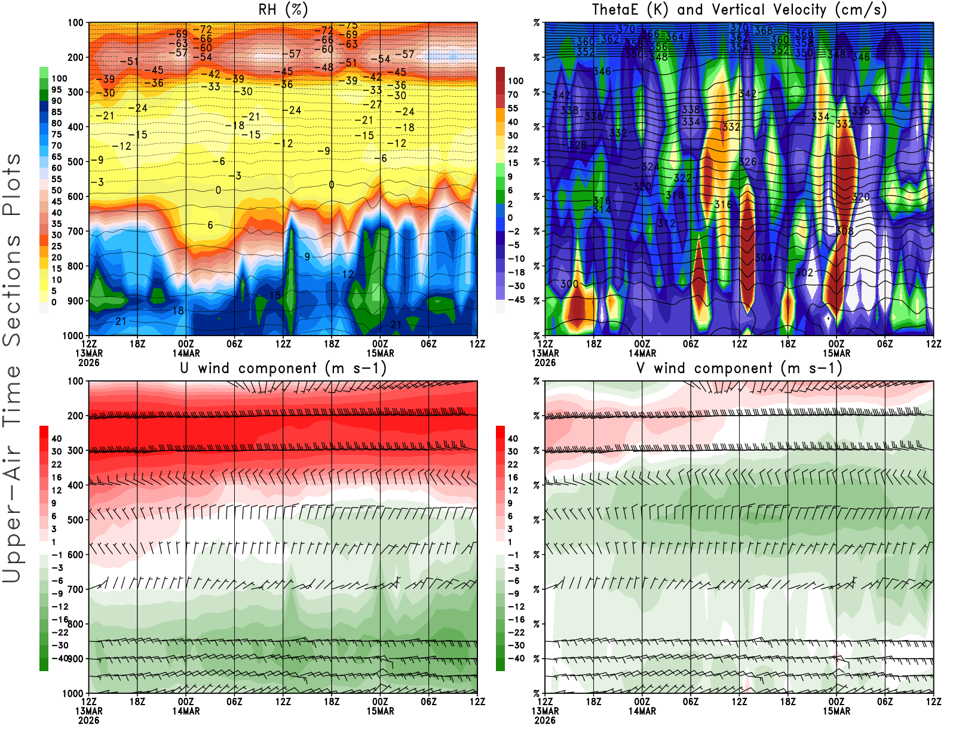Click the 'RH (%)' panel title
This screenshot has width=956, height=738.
point(283,10)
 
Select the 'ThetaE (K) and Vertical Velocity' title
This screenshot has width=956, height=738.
point(739,10)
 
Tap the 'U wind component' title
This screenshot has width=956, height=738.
point(283,368)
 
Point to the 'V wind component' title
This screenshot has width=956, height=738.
point(739,368)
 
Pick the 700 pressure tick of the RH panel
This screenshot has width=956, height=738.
point(75,231)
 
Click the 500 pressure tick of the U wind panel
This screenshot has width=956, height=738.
point(75,520)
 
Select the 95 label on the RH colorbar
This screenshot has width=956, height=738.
point(56,90)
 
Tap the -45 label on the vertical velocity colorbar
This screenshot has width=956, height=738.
point(516,300)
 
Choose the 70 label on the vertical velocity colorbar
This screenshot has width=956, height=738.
point(513,94)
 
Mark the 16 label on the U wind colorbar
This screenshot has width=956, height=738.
point(56,477)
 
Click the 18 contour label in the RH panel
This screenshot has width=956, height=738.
point(178,310)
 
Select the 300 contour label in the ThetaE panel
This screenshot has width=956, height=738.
point(569,284)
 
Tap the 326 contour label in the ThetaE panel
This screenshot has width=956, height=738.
point(747,162)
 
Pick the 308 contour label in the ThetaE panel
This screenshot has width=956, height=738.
point(844,231)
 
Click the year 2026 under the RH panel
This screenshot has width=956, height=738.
point(88,362)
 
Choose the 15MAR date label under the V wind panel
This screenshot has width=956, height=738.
point(836,711)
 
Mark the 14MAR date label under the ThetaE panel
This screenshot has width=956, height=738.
point(642,353)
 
